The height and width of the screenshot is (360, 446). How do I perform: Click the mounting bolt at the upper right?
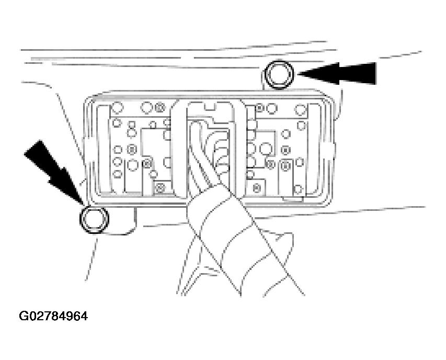(279, 74)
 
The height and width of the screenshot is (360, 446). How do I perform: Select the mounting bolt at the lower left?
(94, 219)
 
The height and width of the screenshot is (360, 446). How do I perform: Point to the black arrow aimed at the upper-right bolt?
(337, 73)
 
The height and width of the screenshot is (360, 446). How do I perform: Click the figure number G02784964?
(53, 316)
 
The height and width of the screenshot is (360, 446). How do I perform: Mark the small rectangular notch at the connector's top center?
(211, 108)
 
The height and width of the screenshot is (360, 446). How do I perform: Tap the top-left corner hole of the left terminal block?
(117, 108)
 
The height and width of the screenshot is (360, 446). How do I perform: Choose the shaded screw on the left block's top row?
(160, 108)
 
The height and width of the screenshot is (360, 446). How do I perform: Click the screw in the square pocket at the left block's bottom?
(160, 187)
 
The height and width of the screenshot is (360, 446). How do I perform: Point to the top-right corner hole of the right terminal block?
(300, 109)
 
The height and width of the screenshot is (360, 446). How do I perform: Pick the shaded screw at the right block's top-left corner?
(259, 108)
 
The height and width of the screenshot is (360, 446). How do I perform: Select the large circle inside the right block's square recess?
(266, 149)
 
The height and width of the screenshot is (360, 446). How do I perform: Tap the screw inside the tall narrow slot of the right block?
(285, 165)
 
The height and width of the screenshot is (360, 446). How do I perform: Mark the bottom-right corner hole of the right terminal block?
(298, 189)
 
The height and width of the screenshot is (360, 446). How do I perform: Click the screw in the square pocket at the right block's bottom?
(257, 188)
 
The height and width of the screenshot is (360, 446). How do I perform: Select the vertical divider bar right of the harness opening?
(239, 149)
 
